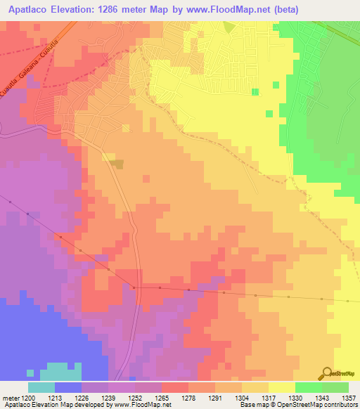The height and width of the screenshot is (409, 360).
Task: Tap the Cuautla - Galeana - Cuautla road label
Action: point(31,74)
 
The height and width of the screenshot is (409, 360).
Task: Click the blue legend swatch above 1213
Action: point(67,387)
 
